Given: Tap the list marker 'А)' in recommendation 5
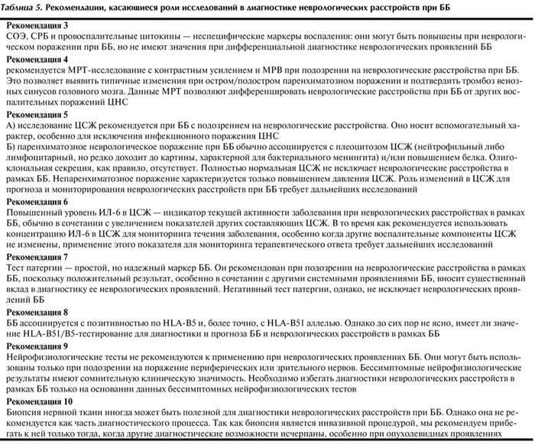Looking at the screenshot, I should pyautogui.click(x=11, y=125).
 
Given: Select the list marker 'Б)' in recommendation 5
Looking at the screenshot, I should pyautogui.click(x=10, y=146).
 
